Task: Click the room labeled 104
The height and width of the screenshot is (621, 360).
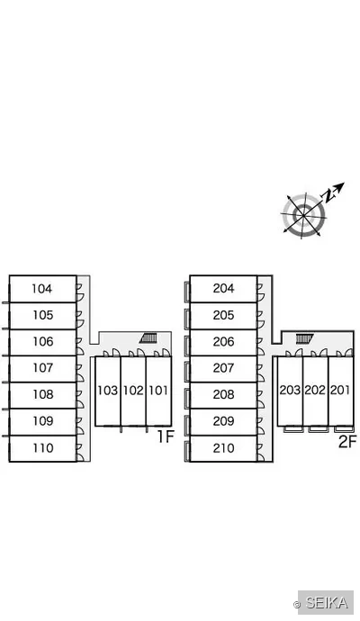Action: (43, 289)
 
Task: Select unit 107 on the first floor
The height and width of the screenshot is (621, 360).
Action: (43, 368)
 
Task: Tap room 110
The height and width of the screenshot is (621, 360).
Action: (43, 448)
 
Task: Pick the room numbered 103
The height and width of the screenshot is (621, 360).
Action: (108, 391)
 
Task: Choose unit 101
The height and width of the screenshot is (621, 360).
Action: (158, 391)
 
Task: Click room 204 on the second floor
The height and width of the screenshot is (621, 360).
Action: (223, 289)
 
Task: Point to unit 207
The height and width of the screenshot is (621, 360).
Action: (223, 368)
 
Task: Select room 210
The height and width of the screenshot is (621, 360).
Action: (223, 448)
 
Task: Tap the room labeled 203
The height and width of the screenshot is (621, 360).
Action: (290, 391)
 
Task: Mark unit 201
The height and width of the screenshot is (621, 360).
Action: (340, 391)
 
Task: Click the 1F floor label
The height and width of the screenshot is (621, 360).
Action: (166, 436)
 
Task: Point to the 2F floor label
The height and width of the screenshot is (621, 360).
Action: (347, 441)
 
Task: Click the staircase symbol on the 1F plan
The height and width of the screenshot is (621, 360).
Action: (148, 338)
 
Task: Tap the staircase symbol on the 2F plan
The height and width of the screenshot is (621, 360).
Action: (304, 338)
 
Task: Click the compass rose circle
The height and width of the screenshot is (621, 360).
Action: (304, 215)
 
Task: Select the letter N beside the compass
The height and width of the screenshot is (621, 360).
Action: (328, 196)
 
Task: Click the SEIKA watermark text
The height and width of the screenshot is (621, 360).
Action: (327, 603)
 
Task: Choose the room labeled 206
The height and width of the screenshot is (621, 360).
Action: (223, 342)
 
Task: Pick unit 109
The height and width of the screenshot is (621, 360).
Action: (43, 421)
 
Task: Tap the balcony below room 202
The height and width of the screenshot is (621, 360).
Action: (316, 429)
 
